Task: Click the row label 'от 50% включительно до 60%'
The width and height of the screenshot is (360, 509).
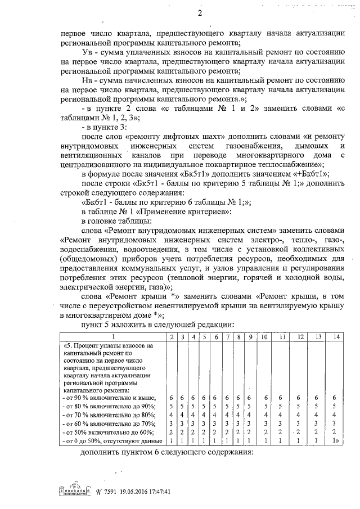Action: pyautogui.click(x=105, y=431)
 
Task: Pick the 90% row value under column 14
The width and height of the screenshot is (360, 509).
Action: pyautogui.click(x=336, y=398)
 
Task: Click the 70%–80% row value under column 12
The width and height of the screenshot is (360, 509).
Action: pyautogui.click(x=300, y=415)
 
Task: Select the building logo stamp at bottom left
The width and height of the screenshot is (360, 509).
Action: pyautogui.click(x=73, y=490)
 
